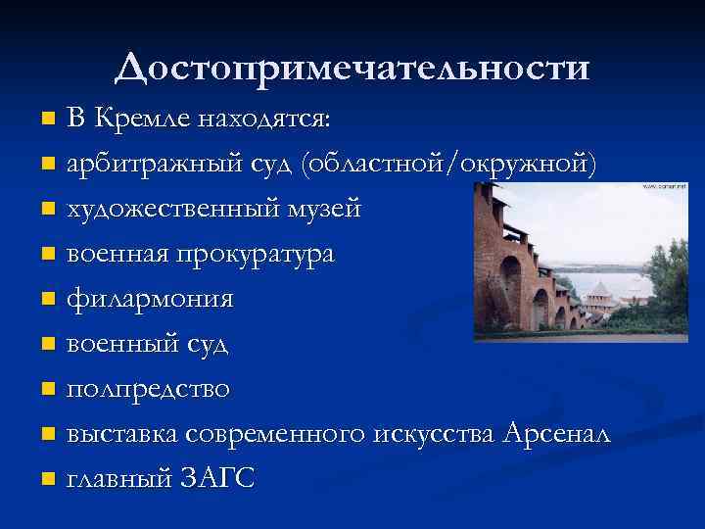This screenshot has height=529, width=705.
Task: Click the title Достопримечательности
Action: pyautogui.click(x=352, y=69)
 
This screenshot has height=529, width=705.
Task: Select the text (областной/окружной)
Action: pyautogui.click(x=449, y=164)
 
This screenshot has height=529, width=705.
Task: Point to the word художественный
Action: pyautogui.click(x=173, y=209)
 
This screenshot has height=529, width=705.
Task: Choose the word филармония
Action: pyautogui.click(x=150, y=299)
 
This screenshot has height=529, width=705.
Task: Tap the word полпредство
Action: pyautogui.click(x=148, y=389)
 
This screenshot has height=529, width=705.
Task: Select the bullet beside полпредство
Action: pyautogui.click(x=48, y=391)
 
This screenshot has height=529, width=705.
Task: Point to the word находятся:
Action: pyautogui.click(x=264, y=120)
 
